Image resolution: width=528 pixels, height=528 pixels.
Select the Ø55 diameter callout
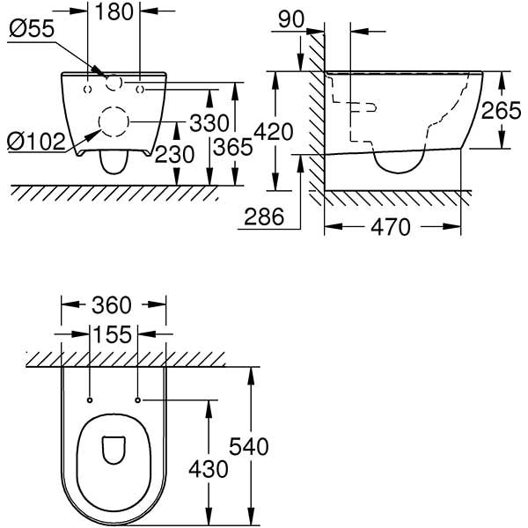click(x=32, y=28)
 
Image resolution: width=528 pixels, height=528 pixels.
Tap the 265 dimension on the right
click(x=501, y=111)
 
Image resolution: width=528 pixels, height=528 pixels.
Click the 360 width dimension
click(x=114, y=305)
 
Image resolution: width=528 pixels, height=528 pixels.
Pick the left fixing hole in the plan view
click(x=91, y=400)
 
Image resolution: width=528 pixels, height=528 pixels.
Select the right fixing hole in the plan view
click(x=139, y=400)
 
